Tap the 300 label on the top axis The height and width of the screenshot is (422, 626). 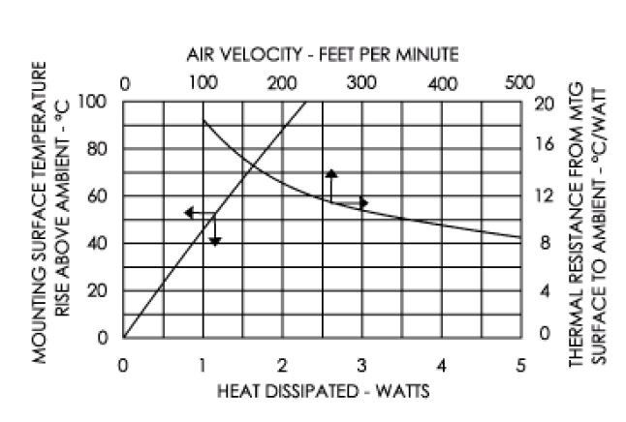tap(360, 83)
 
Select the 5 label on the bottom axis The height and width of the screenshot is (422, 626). tap(520, 365)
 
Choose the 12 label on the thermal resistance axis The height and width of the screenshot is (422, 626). tap(543, 196)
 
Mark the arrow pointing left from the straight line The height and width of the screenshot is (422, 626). tap(190, 212)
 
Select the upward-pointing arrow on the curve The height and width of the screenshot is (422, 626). tap(330, 174)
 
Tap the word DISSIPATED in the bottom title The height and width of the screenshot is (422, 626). tap(307, 391)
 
